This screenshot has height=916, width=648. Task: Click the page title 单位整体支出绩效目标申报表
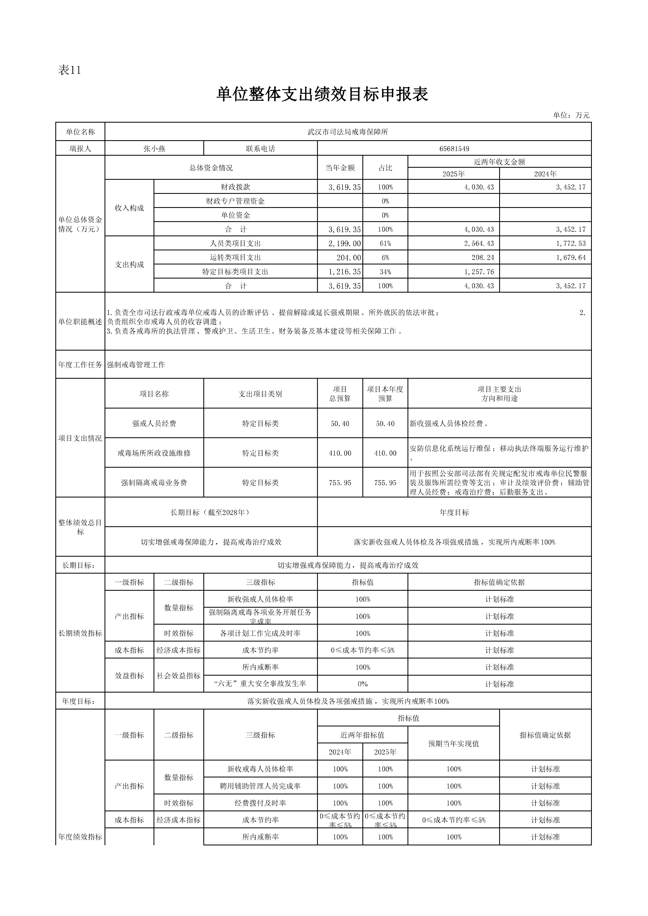click(322, 94)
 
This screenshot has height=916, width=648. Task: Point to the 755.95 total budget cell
click(340, 483)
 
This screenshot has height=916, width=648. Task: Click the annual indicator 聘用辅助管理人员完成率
click(260, 786)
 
